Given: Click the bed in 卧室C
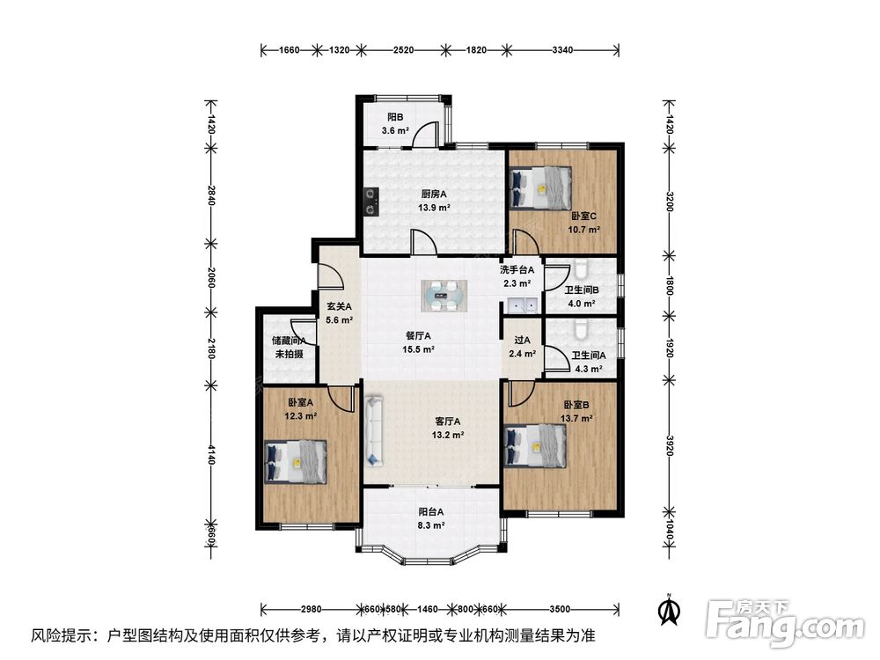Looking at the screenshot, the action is (541, 188).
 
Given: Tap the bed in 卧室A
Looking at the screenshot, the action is (295, 461).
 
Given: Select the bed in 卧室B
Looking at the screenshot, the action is (535, 445).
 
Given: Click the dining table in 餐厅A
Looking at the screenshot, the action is (444, 296).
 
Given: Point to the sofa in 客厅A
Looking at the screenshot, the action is (374, 430).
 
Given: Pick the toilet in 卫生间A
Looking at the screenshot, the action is (580, 329).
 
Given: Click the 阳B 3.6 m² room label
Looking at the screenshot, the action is (395, 124).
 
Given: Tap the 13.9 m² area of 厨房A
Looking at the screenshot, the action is (434, 208).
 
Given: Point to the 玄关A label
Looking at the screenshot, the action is (339, 306).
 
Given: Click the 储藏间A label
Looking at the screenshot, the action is (289, 340).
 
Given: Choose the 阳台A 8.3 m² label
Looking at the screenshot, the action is (431, 518).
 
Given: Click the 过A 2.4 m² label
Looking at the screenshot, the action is (522, 347).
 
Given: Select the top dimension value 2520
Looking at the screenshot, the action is (403, 50).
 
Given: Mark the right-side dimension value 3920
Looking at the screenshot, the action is (669, 445).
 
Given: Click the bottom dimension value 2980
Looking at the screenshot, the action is (311, 609).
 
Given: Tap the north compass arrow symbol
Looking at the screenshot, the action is (669, 610).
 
